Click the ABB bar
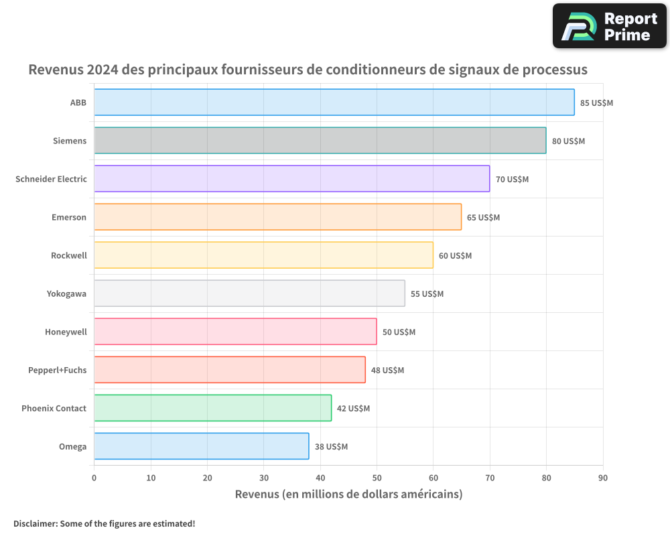click(334, 103)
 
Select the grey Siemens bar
click(320, 141)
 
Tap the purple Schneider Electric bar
click(291, 179)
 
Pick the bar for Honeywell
click(235, 332)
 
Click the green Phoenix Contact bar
click(212, 408)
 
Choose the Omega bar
click(201, 446)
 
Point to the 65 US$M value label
click(483, 218)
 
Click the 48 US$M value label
click(387, 371)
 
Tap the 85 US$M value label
click(596, 103)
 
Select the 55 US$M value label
click(427, 294)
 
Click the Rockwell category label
click(69, 255)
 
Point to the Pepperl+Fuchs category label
click(58, 370)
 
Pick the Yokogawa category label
click(66, 293)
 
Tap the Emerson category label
click(69, 217)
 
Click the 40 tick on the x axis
click(320, 478)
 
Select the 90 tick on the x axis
click(603, 478)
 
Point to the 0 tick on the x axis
click(94, 478)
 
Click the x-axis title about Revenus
click(348, 494)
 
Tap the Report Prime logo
click(609, 26)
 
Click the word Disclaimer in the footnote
click(35, 523)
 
